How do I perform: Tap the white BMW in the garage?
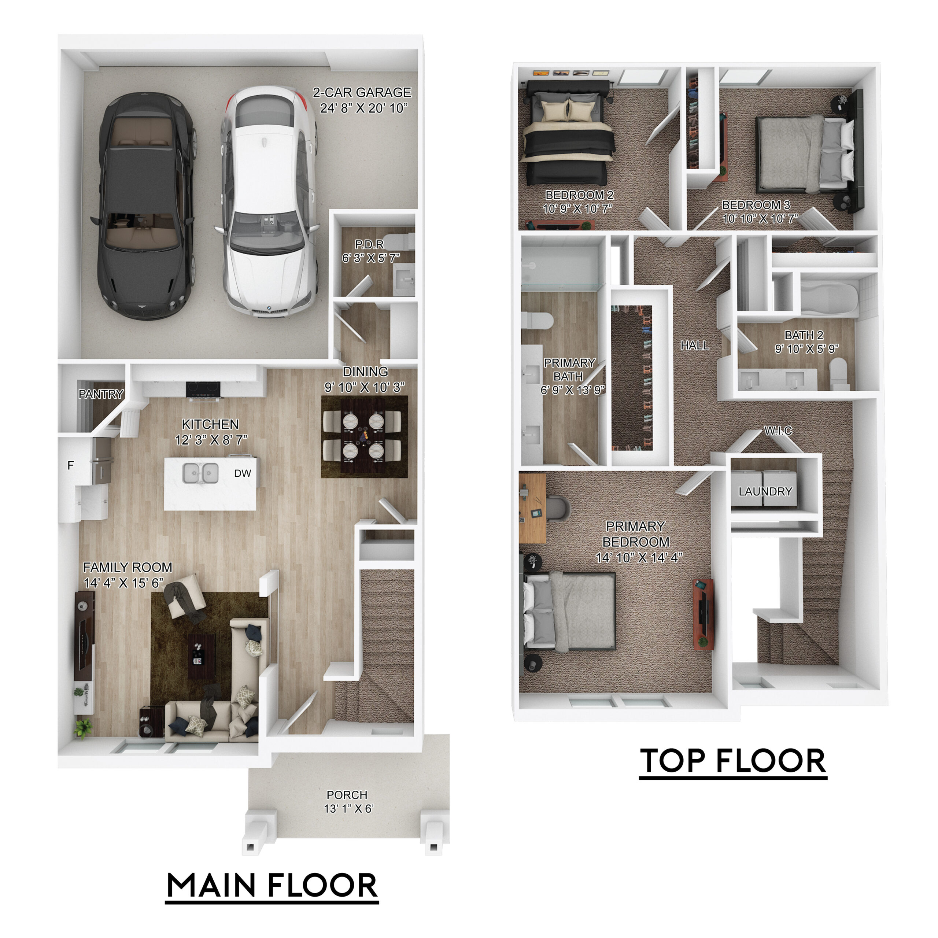pyautogui.click(x=267, y=202)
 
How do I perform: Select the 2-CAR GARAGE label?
pyautogui.click(x=362, y=100)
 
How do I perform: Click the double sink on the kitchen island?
pyautogui.click(x=200, y=473)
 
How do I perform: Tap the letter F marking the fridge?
pyautogui.click(x=71, y=466)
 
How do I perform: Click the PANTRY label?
pyautogui.click(x=101, y=394)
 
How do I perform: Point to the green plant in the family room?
pyautogui.click(x=83, y=728)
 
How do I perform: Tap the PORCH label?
pyautogui.click(x=347, y=795)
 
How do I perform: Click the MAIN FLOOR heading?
pyautogui.click(x=272, y=885)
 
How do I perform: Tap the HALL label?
pyautogui.click(x=694, y=345)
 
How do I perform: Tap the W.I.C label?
pyautogui.click(x=778, y=431)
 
